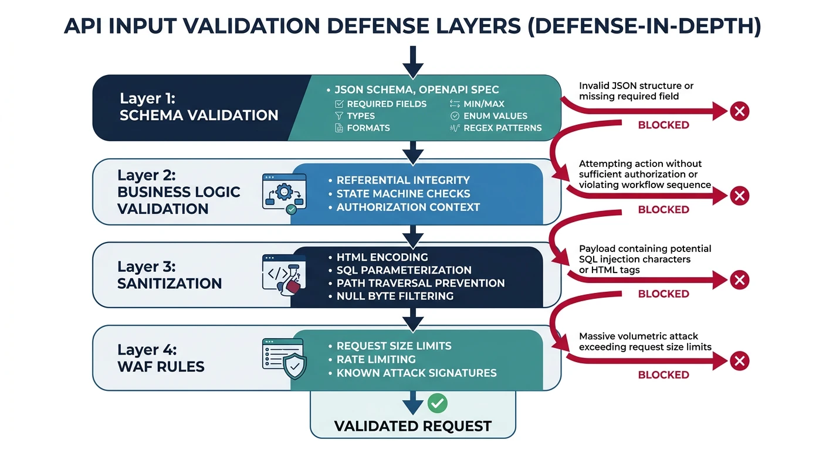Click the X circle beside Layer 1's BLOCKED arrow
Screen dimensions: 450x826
tap(740, 111)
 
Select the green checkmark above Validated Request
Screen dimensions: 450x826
tap(437, 403)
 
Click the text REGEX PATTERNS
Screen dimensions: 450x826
tap(502, 128)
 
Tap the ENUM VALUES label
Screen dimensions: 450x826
tap(495, 116)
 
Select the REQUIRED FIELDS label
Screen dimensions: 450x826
tap(387, 104)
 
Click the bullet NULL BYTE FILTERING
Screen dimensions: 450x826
tap(395, 296)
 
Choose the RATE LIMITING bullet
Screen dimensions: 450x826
tap(376, 359)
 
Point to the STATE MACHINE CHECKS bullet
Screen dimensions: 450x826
tap(403, 193)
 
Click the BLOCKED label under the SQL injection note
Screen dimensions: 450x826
tap(663, 294)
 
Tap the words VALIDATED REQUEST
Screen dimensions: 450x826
tap(412, 426)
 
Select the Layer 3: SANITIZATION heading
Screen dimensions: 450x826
tap(170, 275)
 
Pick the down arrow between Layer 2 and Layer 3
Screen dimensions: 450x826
tap(413, 236)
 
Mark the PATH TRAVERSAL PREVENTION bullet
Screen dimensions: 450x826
tap(421, 283)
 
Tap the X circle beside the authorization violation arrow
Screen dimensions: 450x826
tap(740, 195)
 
